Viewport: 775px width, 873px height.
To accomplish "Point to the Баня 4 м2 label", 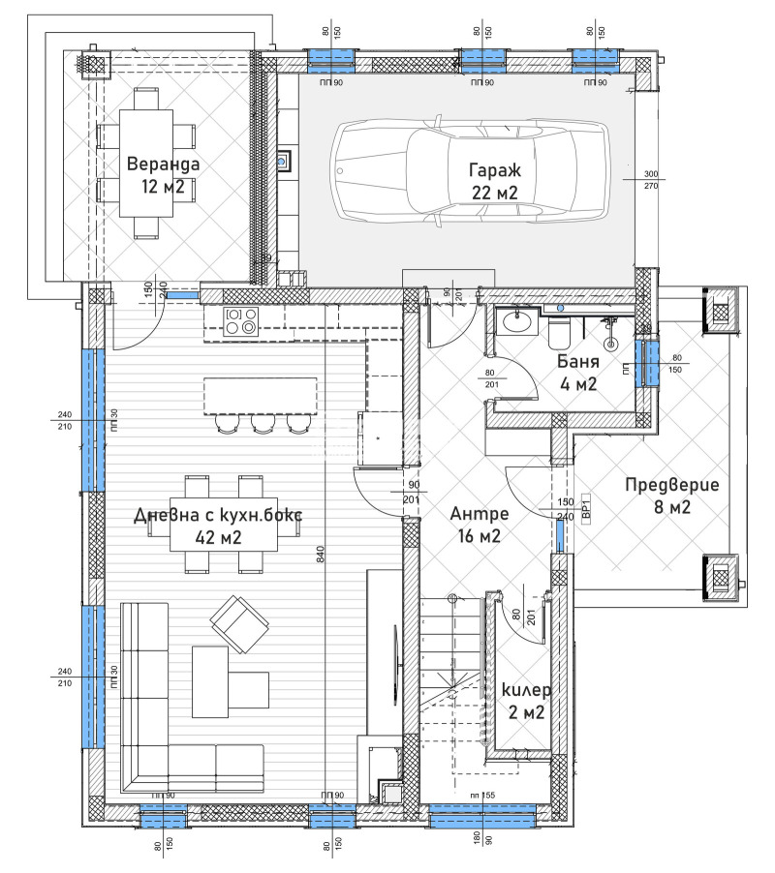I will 578,373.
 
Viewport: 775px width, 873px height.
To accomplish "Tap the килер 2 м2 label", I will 527,702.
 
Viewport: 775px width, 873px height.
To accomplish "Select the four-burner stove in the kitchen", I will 239,320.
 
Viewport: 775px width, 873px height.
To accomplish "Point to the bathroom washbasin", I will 513,322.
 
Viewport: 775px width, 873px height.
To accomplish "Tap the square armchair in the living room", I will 236,622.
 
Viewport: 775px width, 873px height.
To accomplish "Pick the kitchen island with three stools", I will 259,396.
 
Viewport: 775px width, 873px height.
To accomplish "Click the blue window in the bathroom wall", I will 647,362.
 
